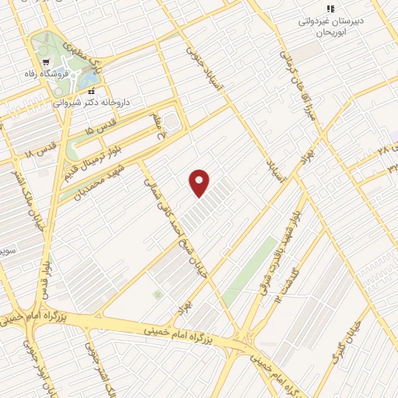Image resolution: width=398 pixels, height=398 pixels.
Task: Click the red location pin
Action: tap(200, 183)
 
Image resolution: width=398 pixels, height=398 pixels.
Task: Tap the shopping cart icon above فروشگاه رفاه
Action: tap(46, 61)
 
